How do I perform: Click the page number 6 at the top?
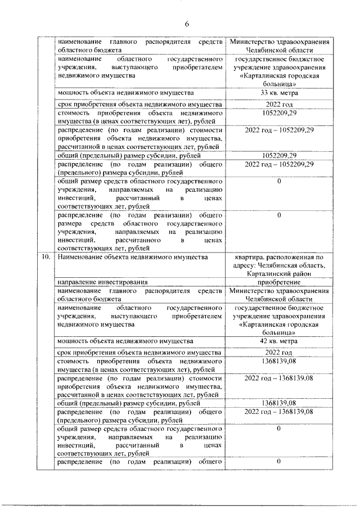click(186, 23)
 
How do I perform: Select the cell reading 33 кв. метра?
click(279, 93)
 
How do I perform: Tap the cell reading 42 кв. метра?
click(279, 341)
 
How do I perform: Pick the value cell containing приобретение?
click(279, 282)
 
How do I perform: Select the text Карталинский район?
click(279, 273)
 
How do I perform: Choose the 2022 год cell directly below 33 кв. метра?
click(279, 105)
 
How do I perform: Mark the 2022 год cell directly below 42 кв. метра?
click(279, 353)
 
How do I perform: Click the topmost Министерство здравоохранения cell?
click(279, 46)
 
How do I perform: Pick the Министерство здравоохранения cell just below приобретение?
click(279, 295)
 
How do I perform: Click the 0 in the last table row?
click(279, 462)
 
